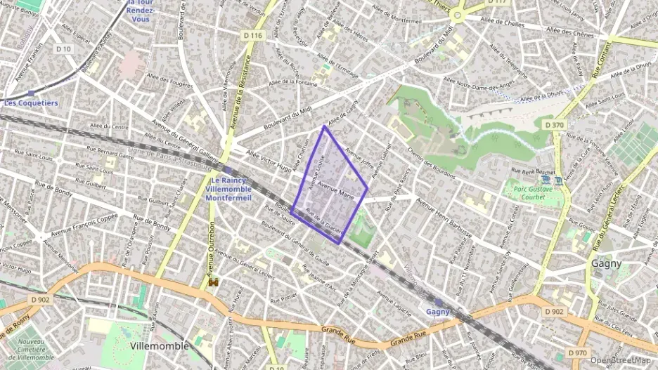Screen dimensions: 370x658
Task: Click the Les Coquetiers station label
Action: click(31, 103)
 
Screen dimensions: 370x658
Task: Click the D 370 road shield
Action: click(554, 124)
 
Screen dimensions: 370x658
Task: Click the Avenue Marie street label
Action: click(335, 190)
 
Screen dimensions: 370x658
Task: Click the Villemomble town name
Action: click(160, 346)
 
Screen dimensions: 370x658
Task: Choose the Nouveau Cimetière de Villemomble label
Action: click(30, 350)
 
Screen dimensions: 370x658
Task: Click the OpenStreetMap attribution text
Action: click(619, 360)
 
